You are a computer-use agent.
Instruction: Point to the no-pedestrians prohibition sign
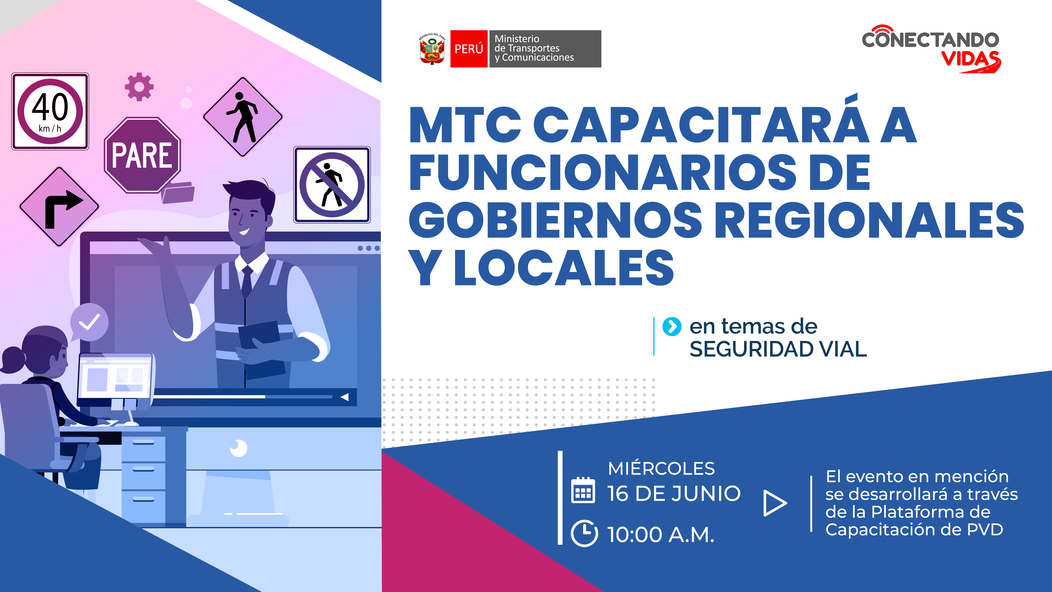pyautogui.click(x=332, y=185)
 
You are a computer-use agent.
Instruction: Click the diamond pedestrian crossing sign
pyautogui.click(x=243, y=117)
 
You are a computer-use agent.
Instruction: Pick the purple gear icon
pyautogui.click(x=139, y=87)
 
